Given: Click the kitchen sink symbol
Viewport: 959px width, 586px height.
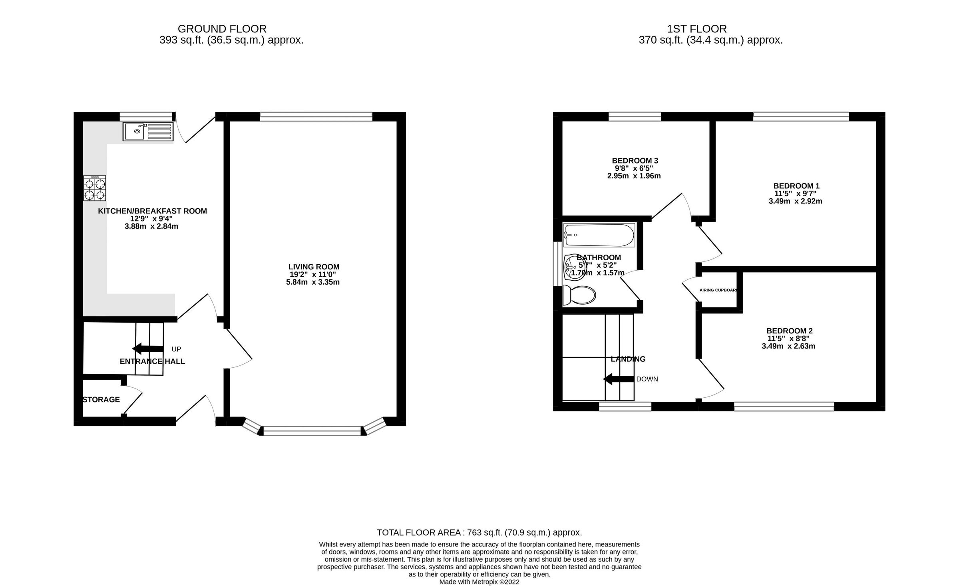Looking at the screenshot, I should [148, 132].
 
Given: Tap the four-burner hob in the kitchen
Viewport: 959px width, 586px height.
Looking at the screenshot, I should [95, 188].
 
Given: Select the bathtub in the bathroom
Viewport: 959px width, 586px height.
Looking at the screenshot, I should [599, 235].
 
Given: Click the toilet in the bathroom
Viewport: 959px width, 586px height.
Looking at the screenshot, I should [579, 295].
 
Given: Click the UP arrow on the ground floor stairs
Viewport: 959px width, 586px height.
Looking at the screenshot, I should [147, 349].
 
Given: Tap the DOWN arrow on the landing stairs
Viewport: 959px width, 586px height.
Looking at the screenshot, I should [618, 379].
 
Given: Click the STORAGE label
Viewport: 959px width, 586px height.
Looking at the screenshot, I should [101, 400].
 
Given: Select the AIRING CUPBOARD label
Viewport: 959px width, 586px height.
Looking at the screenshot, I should [718, 290].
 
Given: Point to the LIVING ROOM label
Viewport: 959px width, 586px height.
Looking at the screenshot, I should [314, 267].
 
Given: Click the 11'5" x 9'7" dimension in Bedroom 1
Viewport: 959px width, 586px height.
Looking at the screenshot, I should [796, 193].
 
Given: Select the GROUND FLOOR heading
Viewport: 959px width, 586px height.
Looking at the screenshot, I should [222, 29].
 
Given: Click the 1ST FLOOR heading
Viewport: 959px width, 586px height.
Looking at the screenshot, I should [696, 29].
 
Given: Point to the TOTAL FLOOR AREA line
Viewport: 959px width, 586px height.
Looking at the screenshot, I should [479, 532].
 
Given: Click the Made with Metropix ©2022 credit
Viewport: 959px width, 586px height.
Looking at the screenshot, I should [479, 582].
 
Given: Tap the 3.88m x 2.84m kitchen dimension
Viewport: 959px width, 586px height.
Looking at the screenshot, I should [151, 226].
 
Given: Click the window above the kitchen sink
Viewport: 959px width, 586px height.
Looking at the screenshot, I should [146, 116].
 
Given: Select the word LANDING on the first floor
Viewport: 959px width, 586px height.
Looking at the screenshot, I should [628, 359].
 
